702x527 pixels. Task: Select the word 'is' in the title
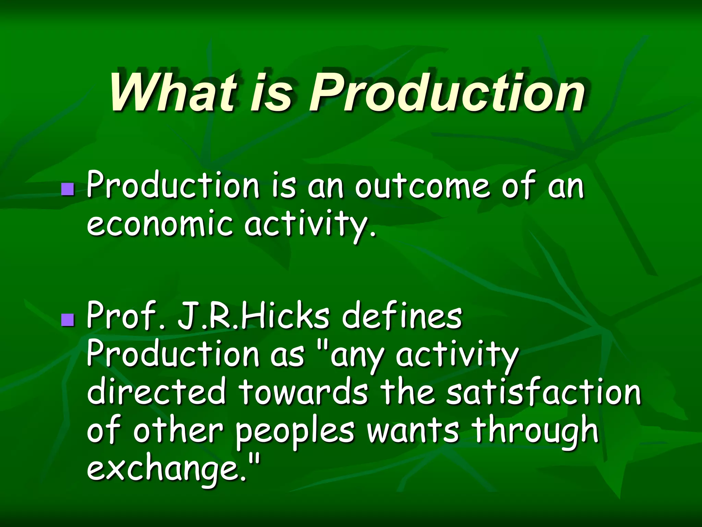271,92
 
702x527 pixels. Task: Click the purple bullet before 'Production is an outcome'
68,189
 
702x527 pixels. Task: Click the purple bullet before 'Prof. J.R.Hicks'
68,319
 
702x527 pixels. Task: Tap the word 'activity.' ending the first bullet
310,225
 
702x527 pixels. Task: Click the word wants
413,431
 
